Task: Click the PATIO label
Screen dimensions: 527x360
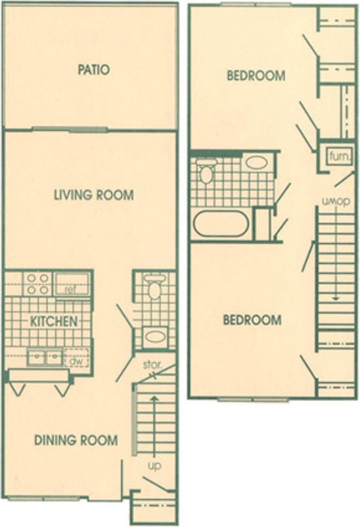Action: [x=93, y=70]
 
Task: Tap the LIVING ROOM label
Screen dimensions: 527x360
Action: [x=93, y=195]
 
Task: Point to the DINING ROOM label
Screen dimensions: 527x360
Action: [x=76, y=440]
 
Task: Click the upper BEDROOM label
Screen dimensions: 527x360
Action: [x=256, y=76]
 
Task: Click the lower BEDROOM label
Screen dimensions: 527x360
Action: [x=252, y=320]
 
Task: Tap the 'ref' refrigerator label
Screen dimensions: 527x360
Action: [x=70, y=289]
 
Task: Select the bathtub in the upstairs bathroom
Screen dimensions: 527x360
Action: [x=221, y=224]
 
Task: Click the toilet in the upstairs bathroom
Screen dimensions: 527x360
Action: [x=206, y=171]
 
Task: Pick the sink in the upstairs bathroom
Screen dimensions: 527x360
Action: [x=256, y=162]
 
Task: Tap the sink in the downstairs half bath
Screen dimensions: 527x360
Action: [x=155, y=335]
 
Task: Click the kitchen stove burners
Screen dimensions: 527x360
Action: [x=37, y=283]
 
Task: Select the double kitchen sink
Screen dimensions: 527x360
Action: [x=46, y=358]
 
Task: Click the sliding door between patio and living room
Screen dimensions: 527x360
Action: [x=69, y=130]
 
